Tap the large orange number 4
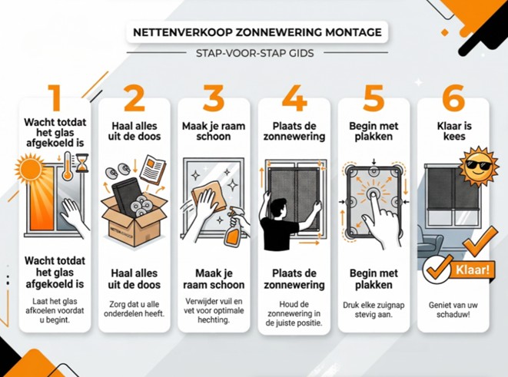coord(294,98)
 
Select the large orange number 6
coord(453,98)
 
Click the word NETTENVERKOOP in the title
coord(182,32)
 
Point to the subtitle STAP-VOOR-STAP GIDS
coord(255,53)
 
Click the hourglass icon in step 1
coord(82,163)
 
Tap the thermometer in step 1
coord(68,166)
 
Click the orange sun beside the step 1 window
coord(30,168)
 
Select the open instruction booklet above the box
coord(152,170)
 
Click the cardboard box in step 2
coord(134,220)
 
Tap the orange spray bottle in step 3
coord(233,229)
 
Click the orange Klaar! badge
coord(473,270)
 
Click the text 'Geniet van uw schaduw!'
coord(453,309)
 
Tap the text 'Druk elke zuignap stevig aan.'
coord(374,309)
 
